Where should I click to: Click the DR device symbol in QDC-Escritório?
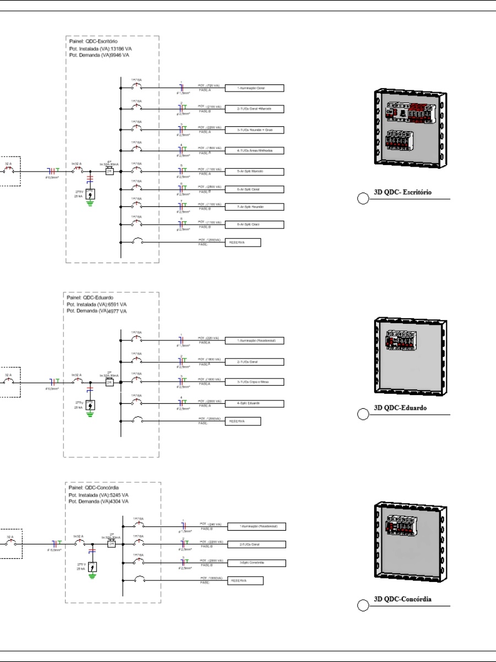pyautogui.click(x=109, y=172)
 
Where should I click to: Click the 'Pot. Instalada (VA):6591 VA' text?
pyautogui.click(x=97, y=305)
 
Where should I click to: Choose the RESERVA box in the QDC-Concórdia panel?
pyautogui.click(x=245, y=580)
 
